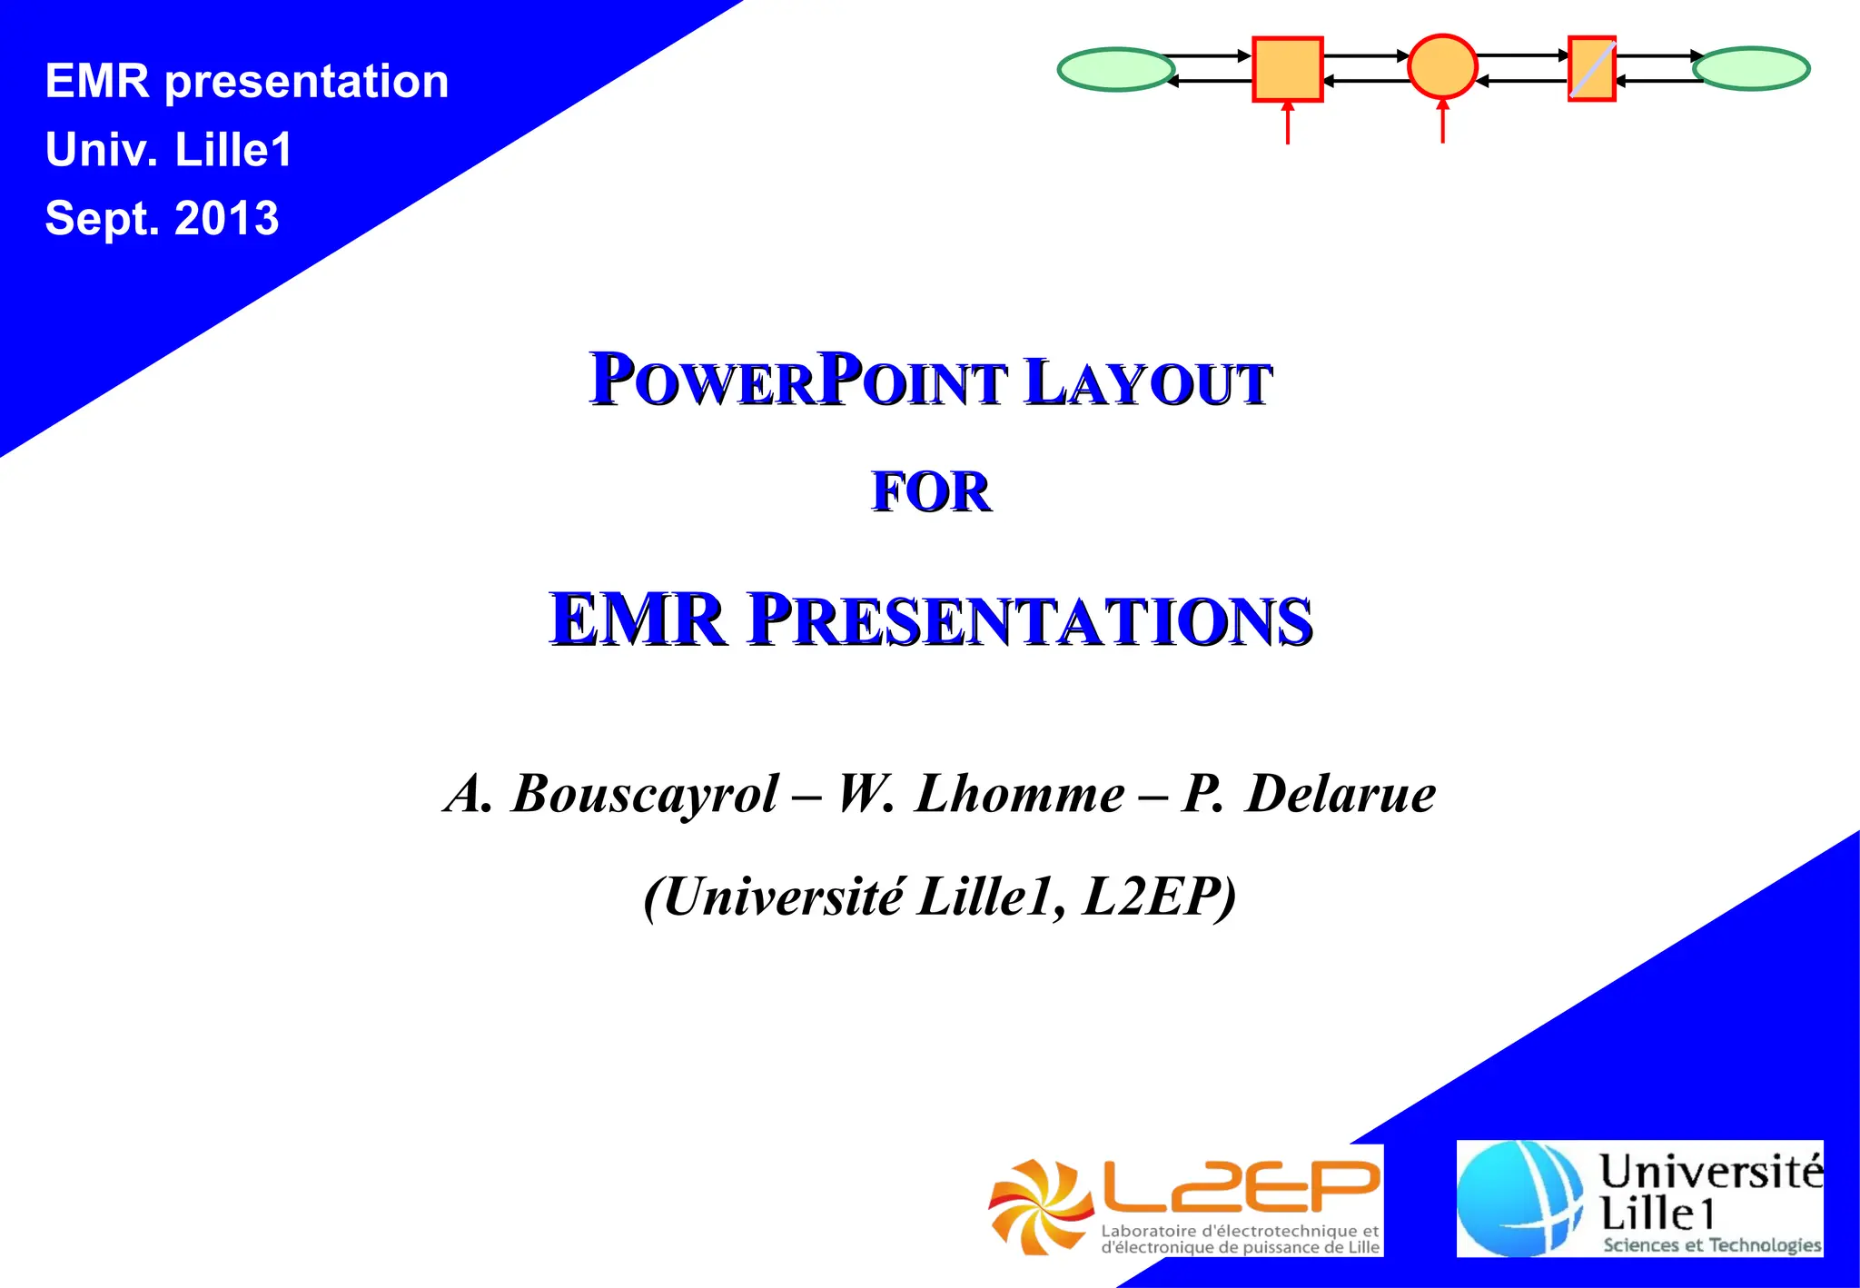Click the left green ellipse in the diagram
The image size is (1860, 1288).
click(1116, 69)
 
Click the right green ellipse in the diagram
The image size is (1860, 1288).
click(1751, 68)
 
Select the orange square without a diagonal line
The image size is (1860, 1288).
click(1287, 69)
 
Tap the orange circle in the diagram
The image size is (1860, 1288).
click(1442, 66)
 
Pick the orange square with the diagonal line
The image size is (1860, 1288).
click(1591, 68)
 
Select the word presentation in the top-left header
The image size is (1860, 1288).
click(307, 82)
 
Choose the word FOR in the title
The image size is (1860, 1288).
click(931, 493)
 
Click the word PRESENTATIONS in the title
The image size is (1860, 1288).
click(1030, 620)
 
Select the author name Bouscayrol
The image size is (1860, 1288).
click(645, 794)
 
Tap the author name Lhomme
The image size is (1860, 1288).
click(1020, 794)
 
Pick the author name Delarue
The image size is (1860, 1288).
click(1341, 794)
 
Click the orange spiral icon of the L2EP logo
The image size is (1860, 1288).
click(1040, 1206)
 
